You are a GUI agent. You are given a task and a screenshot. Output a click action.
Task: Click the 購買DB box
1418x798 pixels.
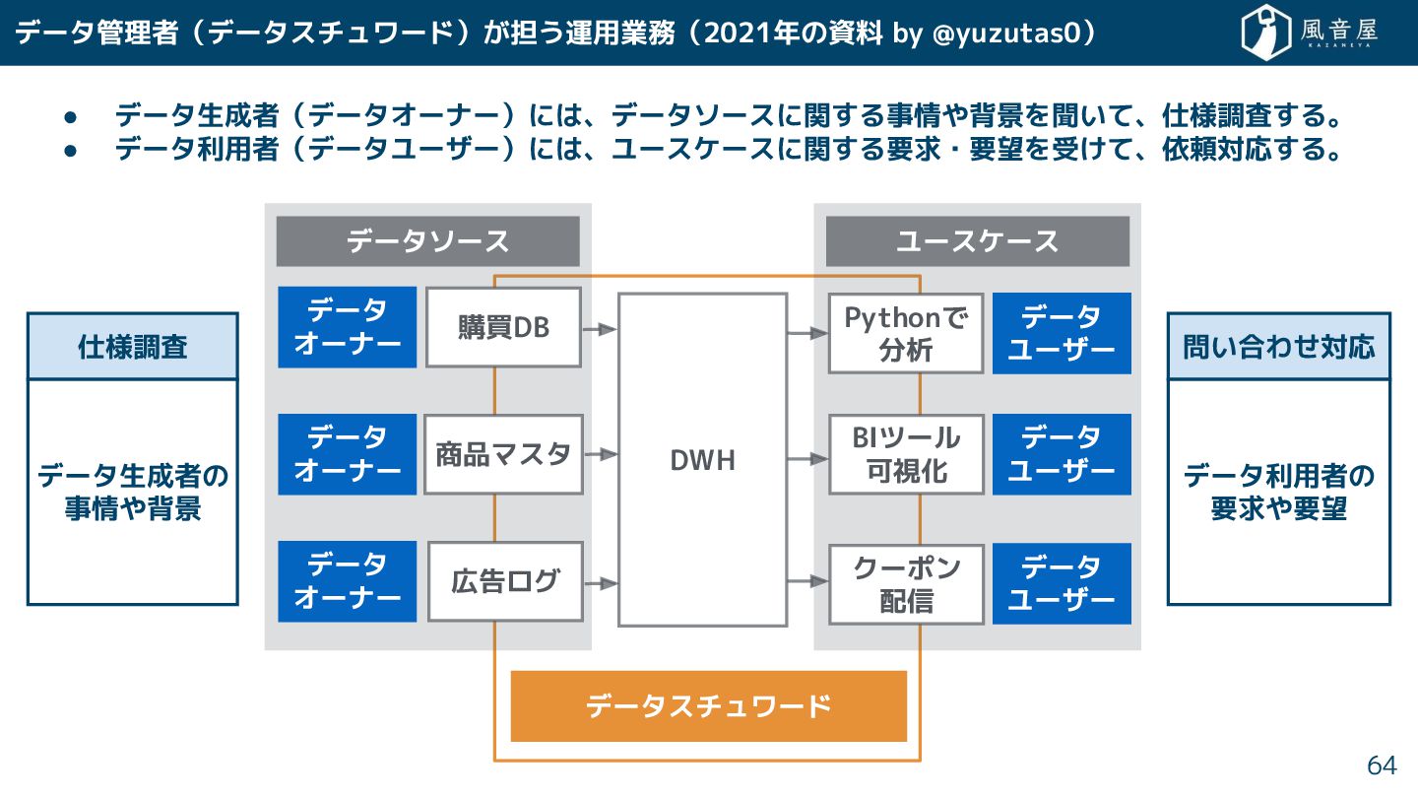(502, 327)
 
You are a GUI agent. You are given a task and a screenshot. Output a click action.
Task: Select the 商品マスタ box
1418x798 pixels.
(503, 454)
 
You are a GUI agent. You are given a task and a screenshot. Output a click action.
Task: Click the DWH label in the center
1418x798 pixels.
(702, 459)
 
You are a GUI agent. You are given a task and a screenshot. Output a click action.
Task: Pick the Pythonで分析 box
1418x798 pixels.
(905, 333)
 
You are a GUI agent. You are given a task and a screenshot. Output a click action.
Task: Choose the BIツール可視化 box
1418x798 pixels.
(905, 454)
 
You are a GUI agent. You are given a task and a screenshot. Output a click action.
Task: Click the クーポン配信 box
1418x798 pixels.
(905, 583)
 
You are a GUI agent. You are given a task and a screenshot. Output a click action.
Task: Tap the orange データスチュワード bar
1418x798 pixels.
(708, 706)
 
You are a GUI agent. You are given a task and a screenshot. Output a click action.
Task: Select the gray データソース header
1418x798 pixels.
(427, 241)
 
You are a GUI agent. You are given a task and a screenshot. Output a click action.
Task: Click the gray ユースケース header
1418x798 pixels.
(977, 241)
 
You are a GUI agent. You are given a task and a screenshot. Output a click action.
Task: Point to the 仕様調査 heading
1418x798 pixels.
(132, 347)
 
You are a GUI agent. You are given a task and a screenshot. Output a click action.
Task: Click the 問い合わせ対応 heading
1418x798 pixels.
(1278, 347)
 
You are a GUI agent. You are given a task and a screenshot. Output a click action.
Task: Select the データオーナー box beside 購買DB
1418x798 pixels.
(347, 327)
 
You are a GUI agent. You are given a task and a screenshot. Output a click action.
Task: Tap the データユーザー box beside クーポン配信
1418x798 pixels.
(1062, 583)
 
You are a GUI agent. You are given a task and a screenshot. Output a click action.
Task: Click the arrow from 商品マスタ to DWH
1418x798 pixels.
(600, 454)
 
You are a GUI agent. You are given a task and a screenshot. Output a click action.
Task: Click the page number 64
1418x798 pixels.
(1382, 765)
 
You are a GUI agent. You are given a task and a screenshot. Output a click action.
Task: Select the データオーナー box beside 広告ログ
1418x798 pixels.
(347, 581)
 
